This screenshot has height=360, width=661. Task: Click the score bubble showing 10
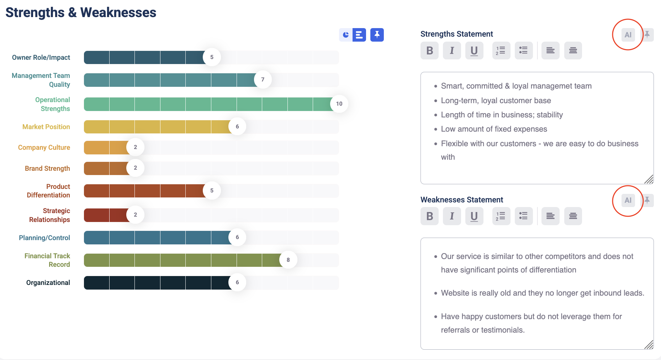[339, 104]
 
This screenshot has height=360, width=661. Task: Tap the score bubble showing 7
[263, 79]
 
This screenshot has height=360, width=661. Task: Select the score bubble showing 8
[288, 260]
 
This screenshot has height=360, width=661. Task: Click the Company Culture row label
[44, 147]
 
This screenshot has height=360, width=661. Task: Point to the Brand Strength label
[47, 168]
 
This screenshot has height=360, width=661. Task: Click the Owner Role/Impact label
[41, 57]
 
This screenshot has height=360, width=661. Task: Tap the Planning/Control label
[44, 238]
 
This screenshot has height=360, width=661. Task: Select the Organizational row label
[48, 282]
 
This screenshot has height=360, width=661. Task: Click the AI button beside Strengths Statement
[628, 35]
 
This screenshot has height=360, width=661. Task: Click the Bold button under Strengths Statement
[429, 51]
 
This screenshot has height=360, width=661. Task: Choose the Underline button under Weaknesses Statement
[474, 216]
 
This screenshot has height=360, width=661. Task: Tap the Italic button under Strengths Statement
[452, 51]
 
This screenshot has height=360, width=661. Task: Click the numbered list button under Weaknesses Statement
[501, 216]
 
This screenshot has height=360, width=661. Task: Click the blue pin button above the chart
[377, 35]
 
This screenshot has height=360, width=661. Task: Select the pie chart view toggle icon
[346, 35]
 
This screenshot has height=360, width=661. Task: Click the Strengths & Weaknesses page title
[81, 12]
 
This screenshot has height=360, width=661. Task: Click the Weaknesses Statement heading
[462, 200]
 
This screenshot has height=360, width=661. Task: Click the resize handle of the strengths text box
[649, 179]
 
